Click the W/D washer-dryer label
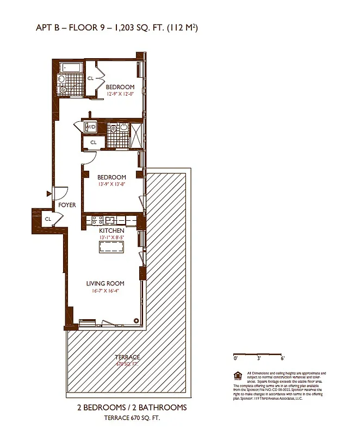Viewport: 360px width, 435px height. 90,127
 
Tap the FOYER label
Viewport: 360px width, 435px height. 67,205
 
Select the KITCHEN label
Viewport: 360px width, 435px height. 111,231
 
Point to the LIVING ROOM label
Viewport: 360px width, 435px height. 105,283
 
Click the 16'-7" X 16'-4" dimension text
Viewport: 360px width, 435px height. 105,290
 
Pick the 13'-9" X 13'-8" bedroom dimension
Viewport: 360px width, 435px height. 111,184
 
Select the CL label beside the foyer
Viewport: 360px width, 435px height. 48,219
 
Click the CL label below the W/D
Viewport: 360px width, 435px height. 93,142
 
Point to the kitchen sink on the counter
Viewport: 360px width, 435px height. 110,220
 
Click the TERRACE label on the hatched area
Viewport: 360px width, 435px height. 127,357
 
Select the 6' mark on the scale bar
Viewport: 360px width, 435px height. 283,359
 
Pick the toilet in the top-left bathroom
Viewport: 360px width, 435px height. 64,89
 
